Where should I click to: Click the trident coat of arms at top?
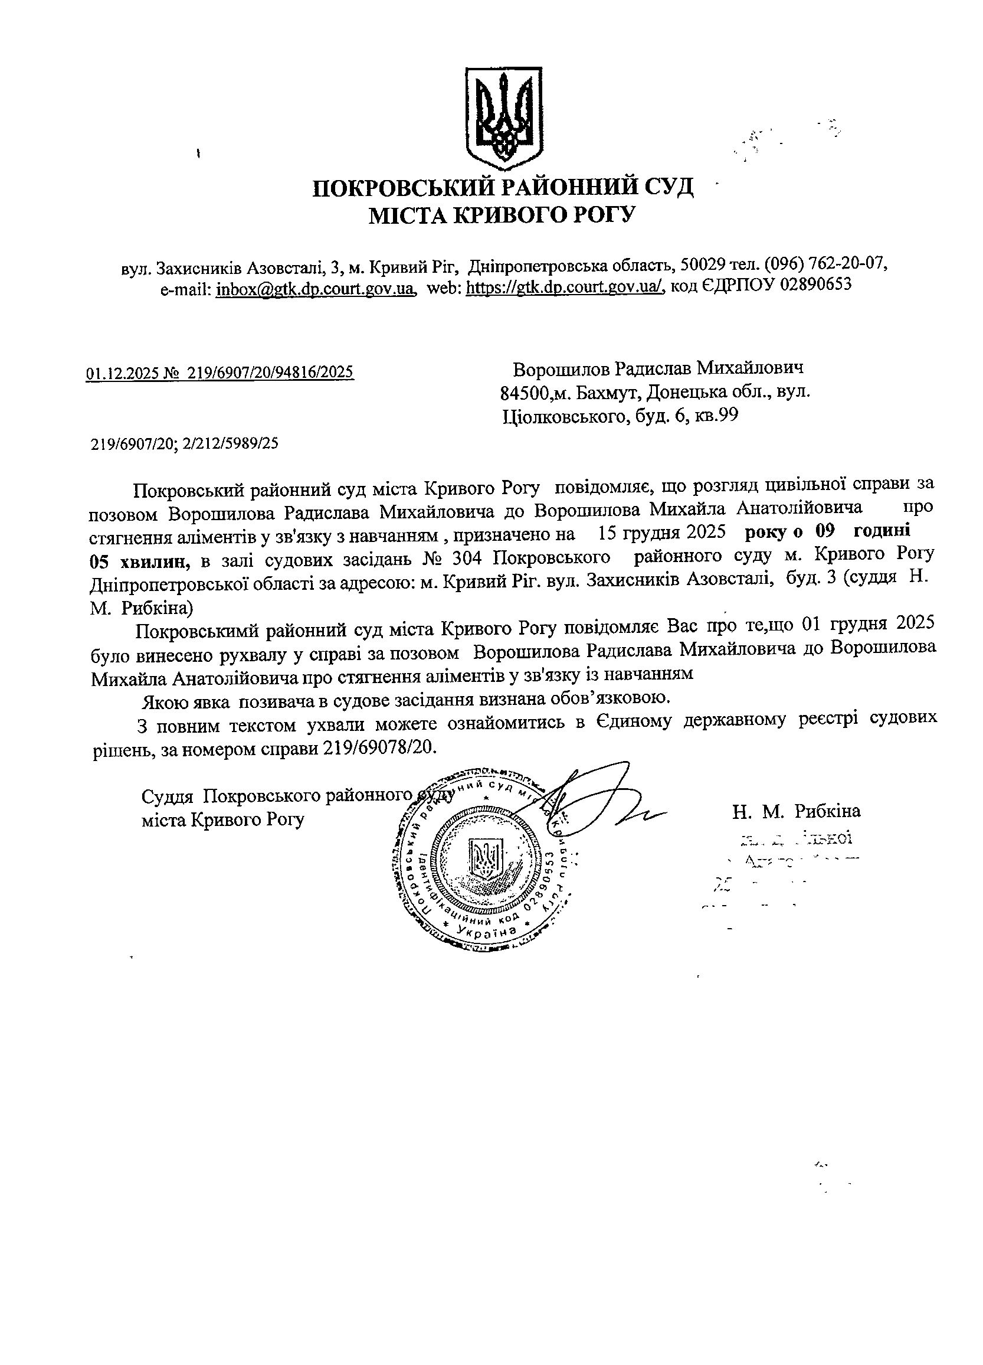(x=504, y=119)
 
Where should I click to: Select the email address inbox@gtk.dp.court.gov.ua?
(x=316, y=289)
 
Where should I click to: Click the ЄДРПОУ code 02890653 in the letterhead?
(x=816, y=285)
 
